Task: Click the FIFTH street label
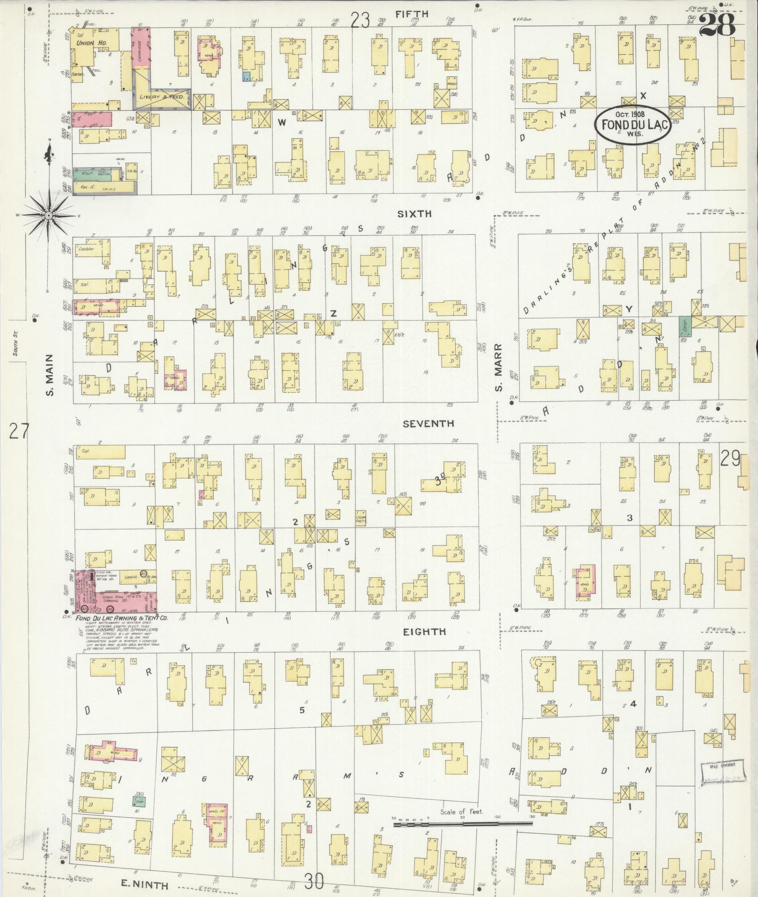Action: point(412,14)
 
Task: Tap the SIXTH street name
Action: point(414,214)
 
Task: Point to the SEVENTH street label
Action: point(428,424)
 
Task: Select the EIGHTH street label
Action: point(424,632)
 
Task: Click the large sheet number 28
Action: point(718,24)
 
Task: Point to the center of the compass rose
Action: point(49,216)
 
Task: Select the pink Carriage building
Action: point(139,48)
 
